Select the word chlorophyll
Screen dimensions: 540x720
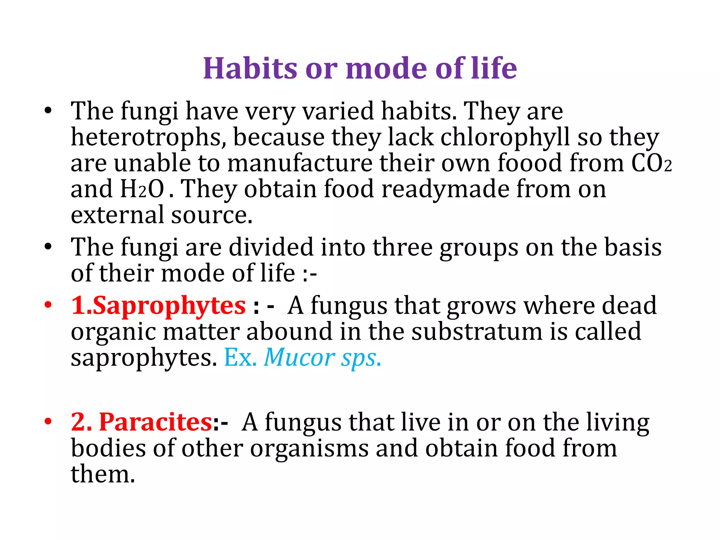[x=505, y=137]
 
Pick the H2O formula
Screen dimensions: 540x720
[x=142, y=189]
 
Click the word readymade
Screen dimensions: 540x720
[x=445, y=189]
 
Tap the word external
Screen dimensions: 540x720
[x=117, y=215]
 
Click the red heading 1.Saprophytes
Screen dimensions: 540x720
[x=158, y=305]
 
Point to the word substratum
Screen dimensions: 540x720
[x=477, y=332]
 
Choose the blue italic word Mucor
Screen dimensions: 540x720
[x=299, y=358]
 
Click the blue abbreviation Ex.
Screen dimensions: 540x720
[x=240, y=358]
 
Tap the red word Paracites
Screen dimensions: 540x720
[x=155, y=422]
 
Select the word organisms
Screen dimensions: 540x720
[x=309, y=448]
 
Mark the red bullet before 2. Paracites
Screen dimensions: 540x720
[x=48, y=421]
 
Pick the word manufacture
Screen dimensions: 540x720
[x=300, y=163]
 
